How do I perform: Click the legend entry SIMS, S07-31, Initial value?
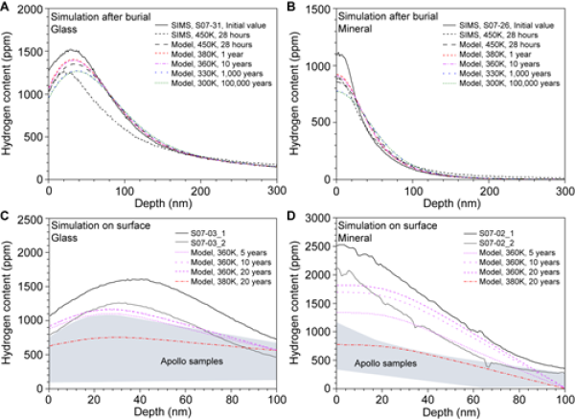[218, 20]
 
